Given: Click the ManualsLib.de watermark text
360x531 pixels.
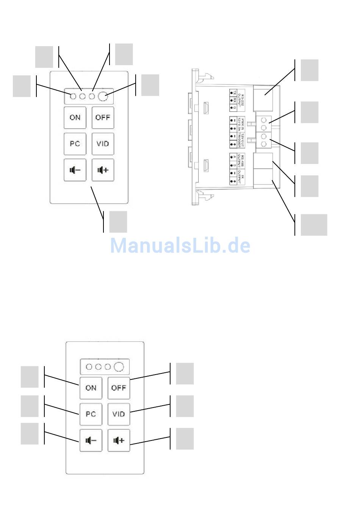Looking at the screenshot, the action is (180, 245).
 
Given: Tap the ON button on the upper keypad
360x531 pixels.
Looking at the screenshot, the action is (75, 117).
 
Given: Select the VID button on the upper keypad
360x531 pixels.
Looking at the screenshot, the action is (103, 144).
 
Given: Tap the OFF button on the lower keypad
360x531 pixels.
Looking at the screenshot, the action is (119, 388).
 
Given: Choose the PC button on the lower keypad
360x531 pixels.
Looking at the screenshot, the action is (91, 414).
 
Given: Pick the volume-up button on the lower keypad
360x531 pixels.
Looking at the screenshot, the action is (119, 440).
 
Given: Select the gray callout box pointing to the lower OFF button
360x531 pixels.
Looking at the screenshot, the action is (185, 373).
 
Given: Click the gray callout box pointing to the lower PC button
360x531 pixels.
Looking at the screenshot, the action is (30, 406).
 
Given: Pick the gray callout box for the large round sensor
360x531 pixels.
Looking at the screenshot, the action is (150, 85).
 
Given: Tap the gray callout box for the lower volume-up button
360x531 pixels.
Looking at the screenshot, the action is (185, 439).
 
